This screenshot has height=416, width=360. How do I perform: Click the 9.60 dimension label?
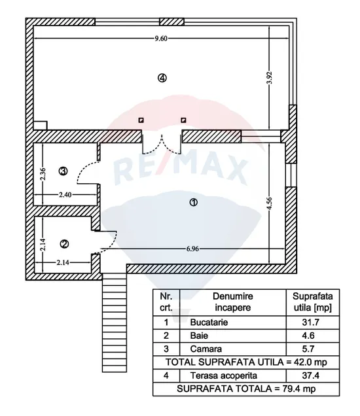[x=161, y=39]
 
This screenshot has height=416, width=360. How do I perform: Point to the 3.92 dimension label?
[x=270, y=78]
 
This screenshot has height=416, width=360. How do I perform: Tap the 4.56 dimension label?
[x=270, y=203]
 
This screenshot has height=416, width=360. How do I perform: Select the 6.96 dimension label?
[x=192, y=249]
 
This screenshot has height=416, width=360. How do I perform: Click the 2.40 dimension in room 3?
[x=65, y=195]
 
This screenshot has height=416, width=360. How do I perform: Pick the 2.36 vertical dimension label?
[x=43, y=174]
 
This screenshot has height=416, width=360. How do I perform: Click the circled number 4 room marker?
[x=162, y=78]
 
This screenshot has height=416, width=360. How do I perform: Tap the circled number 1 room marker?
[x=193, y=202]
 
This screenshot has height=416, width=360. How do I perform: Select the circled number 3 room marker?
[x=63, y=171]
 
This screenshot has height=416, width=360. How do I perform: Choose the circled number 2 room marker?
[x=65, y=244]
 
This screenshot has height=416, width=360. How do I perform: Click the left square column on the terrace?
[x=141, y=120]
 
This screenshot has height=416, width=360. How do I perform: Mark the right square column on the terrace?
[x=183, y=120]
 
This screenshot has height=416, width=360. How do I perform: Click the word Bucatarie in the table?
[x=209, y=322]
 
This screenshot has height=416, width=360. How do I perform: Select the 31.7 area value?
[x=311, y=322]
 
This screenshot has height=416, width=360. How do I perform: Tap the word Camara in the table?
[x=206, y=349]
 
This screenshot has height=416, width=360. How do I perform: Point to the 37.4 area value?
[x=311, y=375]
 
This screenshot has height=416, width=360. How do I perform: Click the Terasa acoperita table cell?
[x=224, y=375]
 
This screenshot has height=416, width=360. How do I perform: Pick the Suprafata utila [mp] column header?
[x=312, y=302]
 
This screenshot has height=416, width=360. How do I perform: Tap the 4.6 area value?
[x=308, y=336]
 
